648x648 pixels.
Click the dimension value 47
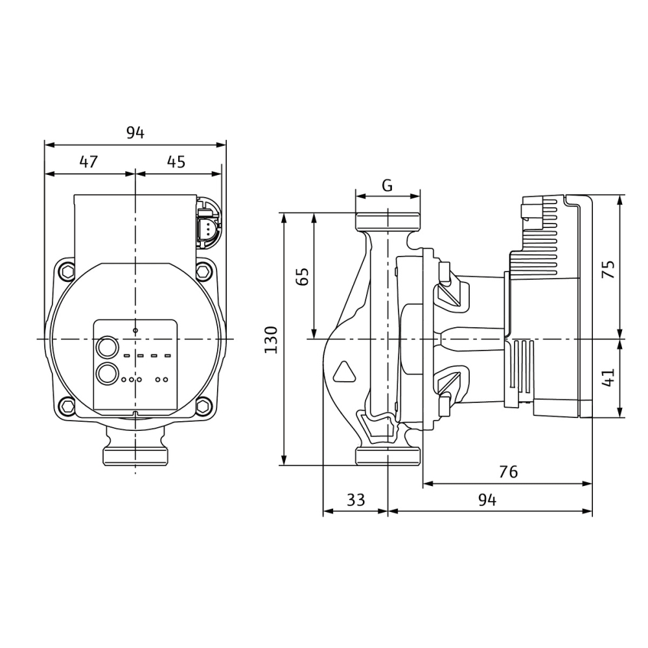point(89,161)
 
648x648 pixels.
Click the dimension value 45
point(176,161)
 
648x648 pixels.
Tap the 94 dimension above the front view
point(135,133)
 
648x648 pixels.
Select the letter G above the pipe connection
point(388,185)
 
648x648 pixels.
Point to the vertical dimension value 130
point(271,340)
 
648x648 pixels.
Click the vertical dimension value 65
point(303,277)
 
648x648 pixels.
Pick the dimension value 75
point(608,269)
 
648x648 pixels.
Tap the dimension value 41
point(608,378)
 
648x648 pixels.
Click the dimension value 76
point(508,472)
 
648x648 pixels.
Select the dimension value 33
point(356,500)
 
